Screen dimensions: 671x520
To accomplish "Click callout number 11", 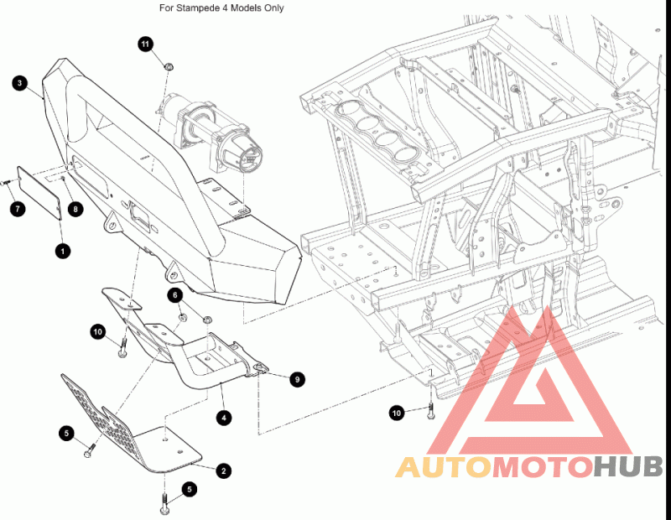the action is [145, 44].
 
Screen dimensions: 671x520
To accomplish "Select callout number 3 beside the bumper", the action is [19, 83].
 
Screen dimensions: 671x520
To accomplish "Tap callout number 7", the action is [18, 209].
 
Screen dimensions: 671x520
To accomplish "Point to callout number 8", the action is [75, 209].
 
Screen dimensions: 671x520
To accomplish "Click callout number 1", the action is [63, 251].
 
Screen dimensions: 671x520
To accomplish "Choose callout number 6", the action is [175, 295].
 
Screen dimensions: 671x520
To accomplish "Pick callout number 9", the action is [297, 379].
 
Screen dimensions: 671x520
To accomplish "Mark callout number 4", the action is [224, 418].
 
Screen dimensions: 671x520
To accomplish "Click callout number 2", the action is [223, 471].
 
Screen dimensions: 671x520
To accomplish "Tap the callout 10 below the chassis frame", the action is [397, 413].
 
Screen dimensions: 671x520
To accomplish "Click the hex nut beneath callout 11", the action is [169, 67].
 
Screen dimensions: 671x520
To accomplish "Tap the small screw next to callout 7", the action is [7, 183].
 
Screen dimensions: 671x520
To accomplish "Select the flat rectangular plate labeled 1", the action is [39, 193].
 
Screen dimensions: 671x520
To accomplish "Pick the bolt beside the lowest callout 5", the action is [164, 504].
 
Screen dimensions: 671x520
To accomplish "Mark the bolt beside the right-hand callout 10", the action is [430, 410].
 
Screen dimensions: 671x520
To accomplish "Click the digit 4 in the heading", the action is [225, 8].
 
